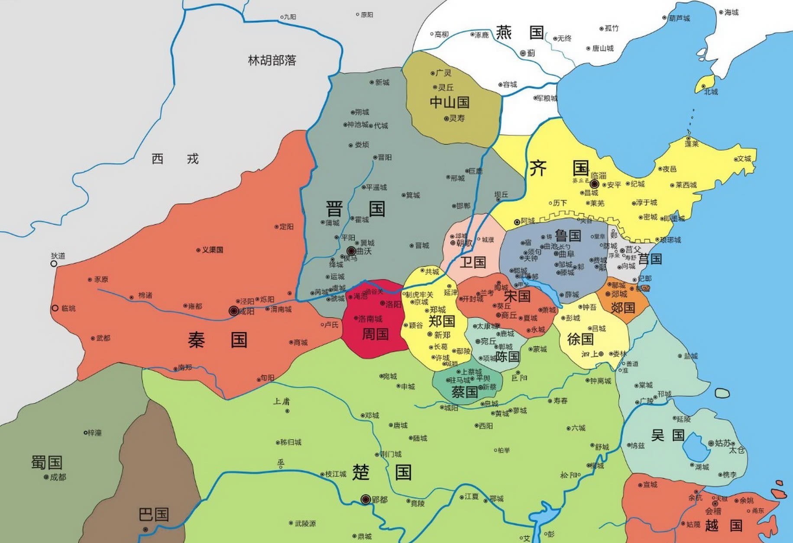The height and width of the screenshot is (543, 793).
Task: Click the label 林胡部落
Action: pos(272,60)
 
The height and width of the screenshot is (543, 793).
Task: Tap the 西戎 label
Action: pos(175,159)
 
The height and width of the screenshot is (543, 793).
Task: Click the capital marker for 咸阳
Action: pos(234,310)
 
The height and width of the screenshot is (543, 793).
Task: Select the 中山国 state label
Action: pos(450,103)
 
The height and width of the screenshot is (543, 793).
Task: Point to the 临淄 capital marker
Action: pos(595,184)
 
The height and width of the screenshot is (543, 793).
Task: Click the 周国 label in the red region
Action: pos(375,334)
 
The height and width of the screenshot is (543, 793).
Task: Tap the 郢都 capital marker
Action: pos(366,499)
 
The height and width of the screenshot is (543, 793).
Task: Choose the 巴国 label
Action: pos(154,514)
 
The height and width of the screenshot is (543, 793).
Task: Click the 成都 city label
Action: pos(58,477)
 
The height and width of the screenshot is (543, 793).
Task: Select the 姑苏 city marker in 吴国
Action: pos(711,443)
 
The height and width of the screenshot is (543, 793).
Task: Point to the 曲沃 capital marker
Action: pos(351,251)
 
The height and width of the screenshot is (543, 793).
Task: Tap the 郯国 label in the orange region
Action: pos(623,307)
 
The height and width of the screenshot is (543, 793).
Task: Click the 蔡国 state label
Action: pos(465,392)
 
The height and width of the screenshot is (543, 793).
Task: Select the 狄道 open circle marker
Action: pos(54,263)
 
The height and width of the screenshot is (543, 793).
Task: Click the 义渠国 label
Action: pos(212,250)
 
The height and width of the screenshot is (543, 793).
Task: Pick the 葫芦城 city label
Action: pos(679,18)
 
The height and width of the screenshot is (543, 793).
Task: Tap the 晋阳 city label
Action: pos(385,158)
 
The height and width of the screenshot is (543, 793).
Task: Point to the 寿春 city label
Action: pos(560,401)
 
